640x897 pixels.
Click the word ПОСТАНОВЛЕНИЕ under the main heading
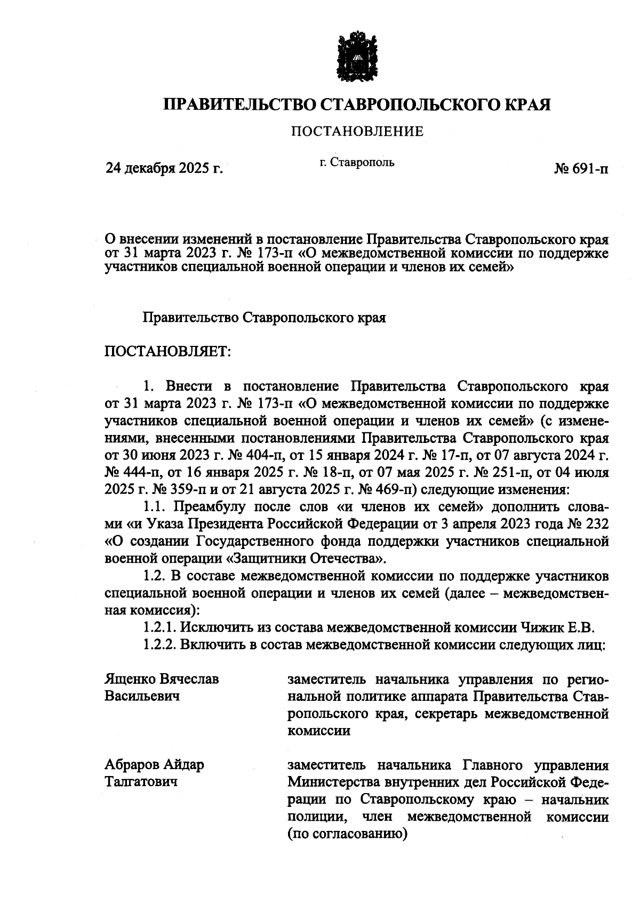pos(357,131)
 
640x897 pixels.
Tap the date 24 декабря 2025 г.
pos(164,169)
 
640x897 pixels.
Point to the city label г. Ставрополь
pos(357,162)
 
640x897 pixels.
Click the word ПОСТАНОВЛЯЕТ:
pos(166,352)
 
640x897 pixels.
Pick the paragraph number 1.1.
pos(155,506)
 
